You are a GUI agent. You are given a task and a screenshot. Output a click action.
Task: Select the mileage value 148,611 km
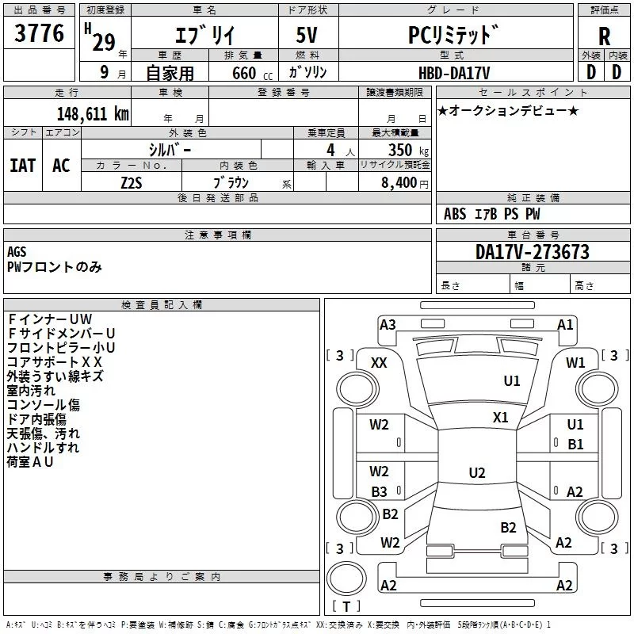93,114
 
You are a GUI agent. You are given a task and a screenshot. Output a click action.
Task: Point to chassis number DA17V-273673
532,253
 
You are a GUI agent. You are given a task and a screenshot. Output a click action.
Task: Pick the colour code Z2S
132,181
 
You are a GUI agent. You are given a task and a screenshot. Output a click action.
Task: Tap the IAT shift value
23,165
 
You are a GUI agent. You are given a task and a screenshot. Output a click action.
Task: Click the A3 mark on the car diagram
388,325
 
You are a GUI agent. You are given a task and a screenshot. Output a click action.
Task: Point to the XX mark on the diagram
379,362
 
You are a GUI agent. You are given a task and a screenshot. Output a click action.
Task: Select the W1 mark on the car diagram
575,362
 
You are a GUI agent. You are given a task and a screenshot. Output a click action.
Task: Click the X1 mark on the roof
501,418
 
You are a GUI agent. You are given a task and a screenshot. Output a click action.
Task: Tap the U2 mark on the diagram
477,473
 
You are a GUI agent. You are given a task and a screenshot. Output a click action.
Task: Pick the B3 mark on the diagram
379,491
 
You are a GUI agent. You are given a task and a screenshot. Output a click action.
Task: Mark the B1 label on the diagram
575,445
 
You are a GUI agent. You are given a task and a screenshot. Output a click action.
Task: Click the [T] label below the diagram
346,607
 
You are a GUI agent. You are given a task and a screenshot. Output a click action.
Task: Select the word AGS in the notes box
17,252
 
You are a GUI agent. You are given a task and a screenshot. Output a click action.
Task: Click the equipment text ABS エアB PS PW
492,214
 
